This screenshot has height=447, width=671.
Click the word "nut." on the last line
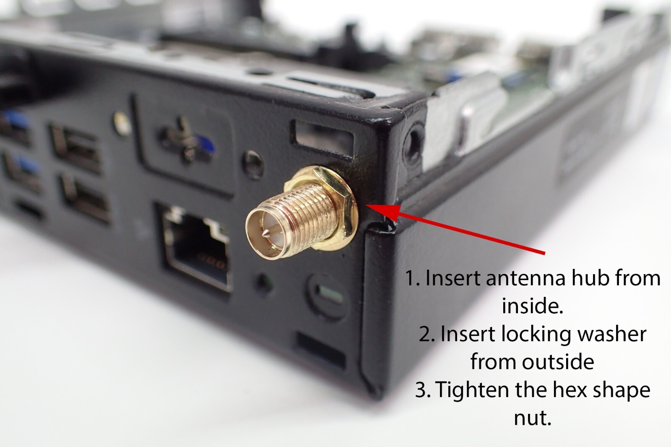[x=532, y=418]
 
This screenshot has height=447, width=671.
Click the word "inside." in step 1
[x=532, y=306]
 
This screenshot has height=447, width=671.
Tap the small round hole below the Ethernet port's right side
[x=264, y=283]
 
